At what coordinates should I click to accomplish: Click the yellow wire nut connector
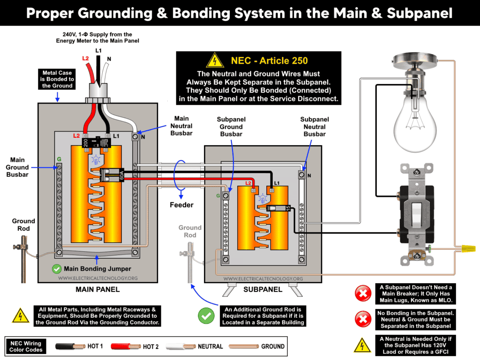coord(466,247)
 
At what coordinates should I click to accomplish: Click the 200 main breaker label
coord(86,142)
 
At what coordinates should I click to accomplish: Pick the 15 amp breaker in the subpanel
coord(277,208)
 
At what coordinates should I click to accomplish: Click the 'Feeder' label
coord(181,205)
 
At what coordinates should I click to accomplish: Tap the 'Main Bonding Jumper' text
coord(98,269)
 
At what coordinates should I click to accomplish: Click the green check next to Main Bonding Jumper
coord(57,269)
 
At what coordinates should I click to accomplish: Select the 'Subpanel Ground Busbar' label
coord(231,127)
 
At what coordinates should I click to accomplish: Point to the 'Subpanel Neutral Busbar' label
coord(314,127)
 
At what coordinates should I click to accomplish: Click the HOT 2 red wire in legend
coord(126,346)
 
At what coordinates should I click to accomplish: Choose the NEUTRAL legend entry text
coord(210,346)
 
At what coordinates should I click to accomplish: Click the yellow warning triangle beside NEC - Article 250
coord(215,60)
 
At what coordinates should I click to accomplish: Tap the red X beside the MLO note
coord(362,294)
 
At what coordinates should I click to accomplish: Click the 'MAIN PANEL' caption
coord(97,289)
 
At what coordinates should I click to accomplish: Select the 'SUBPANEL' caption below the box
coord(262,289)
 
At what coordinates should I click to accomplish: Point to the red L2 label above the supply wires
coord(86,58)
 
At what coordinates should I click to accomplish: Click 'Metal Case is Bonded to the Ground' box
coord(57,79)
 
